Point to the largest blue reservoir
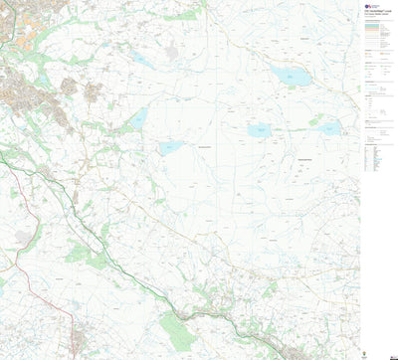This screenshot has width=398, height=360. coord(288,76)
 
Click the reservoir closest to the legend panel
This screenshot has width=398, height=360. coord(329,127)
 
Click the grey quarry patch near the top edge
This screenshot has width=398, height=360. coord(172,51)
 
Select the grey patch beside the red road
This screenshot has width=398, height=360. coord(22,237)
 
